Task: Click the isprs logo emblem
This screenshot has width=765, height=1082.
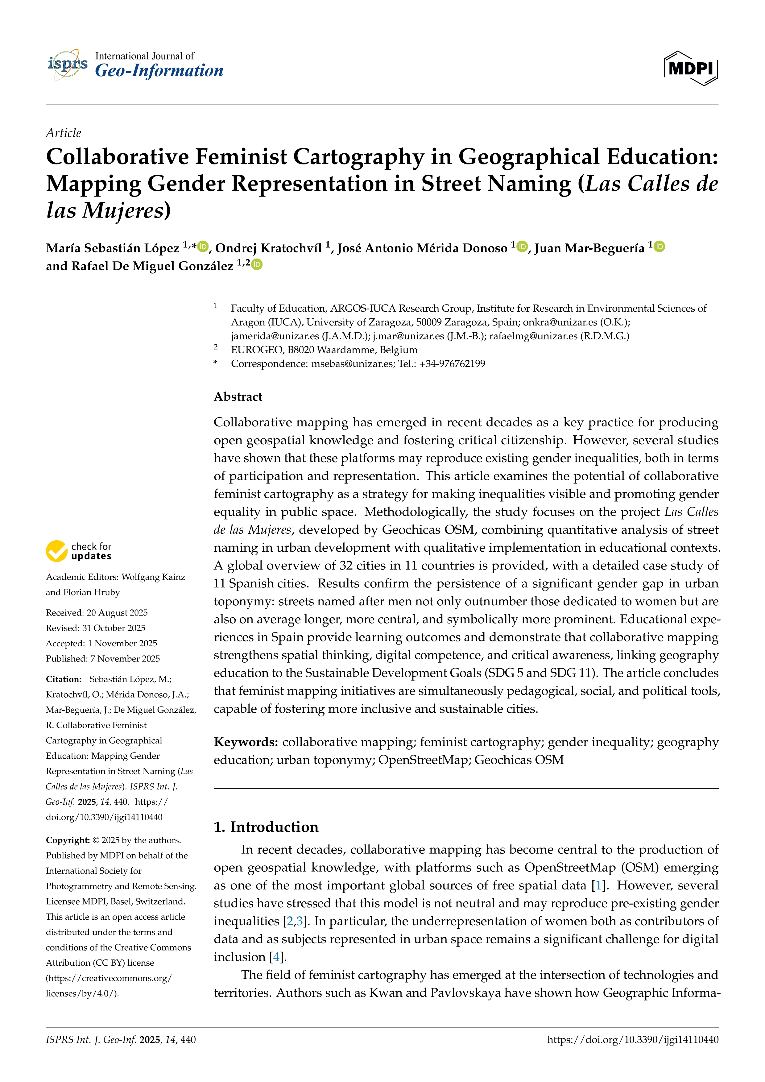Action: coord(67,64)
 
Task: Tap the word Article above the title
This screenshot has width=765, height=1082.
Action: coord(63,133)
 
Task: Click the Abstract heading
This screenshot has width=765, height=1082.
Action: coord(238,397)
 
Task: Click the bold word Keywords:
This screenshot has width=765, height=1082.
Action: coord(246,742)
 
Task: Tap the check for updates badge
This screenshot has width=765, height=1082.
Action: coord(79,551)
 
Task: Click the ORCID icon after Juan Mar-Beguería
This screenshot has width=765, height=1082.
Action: coord(660,247)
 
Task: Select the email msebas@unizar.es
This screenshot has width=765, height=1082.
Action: coord(352,364)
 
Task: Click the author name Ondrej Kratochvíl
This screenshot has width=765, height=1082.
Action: coord(268,248)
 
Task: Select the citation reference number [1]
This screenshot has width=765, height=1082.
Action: coord(598,885)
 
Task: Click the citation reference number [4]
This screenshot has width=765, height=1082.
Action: coord(276,957)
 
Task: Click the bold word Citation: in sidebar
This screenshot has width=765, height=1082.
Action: coord(64,679)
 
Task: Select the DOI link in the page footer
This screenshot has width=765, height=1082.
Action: coord(633,1040)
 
